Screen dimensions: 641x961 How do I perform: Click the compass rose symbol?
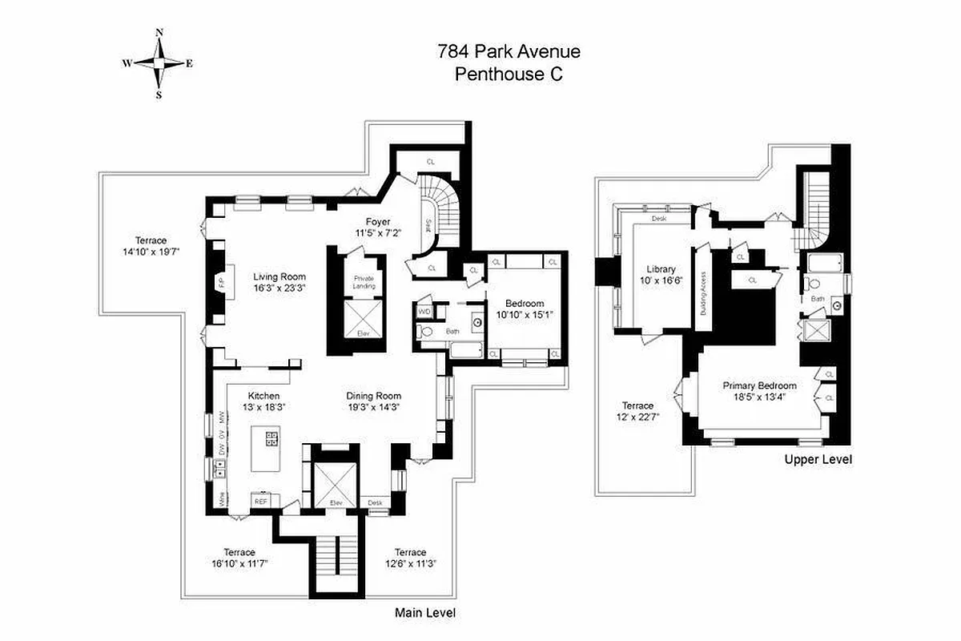pyautogui.click(x=159, y=63)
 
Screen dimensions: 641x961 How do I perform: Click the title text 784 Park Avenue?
pyautogui.click(x=509, y=53)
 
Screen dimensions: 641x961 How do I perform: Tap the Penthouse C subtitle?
pyautogui.click(x=509, y=75)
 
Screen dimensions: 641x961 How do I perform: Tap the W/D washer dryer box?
pyautogui.click(x=424, y=311)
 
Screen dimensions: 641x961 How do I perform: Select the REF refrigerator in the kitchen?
pyautogui.click(x=261, y=501)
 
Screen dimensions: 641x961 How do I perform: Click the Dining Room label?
pyautogui.click(x=373, y=396)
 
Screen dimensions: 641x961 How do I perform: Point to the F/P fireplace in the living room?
pyautogui.click(x=220, y=282)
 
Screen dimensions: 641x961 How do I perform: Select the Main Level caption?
pyautogui.click(x=425, y=613)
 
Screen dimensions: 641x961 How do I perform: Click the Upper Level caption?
pyautogui.click(x=818, y=460)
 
